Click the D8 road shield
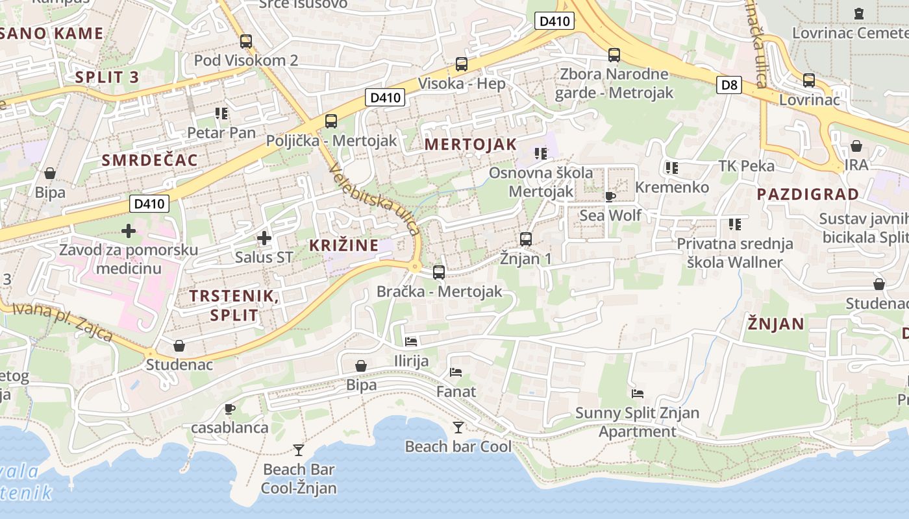(729, 84)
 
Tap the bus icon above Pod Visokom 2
(246, 42)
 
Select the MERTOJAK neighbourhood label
(471, 145)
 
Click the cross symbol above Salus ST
(264, 238)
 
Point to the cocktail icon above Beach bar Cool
(458, 427)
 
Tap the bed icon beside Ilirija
(411, 341)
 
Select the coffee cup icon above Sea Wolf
(610, 197)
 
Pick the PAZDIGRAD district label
(807, 194)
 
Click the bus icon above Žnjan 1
(526, 239)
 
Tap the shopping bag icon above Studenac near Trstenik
(179, 346)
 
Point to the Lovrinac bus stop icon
(809, 80)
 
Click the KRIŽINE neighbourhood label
(343, 245)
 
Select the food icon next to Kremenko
(671, 168)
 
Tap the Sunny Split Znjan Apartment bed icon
(638, 394)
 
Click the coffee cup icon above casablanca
(229, 409)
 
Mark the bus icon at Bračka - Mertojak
(439, 272)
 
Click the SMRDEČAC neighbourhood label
(149, 160)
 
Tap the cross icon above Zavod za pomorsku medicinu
(129, 230)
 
